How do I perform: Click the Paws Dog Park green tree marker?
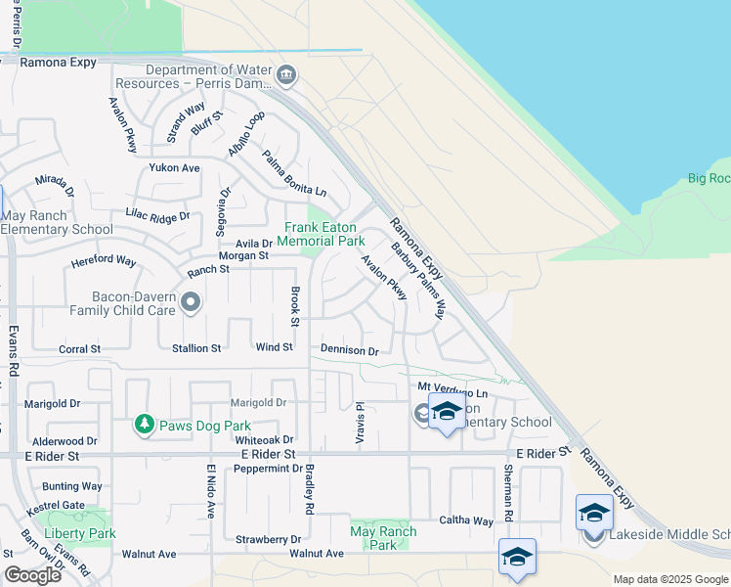(145, 425)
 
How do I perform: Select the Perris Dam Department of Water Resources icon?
(285, 74)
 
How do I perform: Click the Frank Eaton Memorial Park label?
(323, 234)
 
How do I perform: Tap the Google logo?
(33, 575)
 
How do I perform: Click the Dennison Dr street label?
(349, 350)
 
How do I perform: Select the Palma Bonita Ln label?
(293, 172)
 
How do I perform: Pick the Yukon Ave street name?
(174, 168)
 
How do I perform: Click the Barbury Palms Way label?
(417, 281)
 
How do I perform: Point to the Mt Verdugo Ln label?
(451, 391)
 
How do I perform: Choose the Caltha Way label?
(465, 520)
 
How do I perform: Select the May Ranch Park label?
(383, 538)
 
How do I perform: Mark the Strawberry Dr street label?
(269, 539)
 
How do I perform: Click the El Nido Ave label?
(209, 490)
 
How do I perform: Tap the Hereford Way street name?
(103, 261)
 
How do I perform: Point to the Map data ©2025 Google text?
(670, 579)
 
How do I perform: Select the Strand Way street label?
(186, 122)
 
